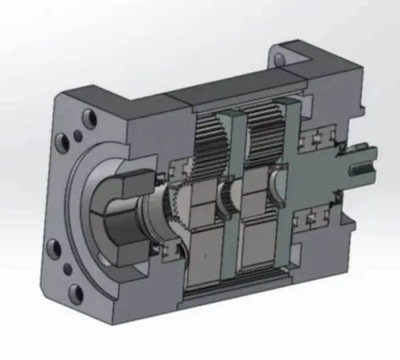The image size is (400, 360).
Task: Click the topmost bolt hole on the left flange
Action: (89, 119)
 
